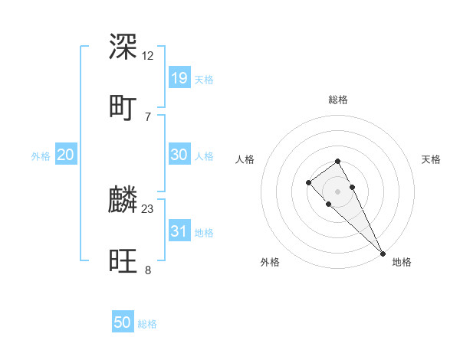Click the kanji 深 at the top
[x=123, y=47]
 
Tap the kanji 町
[x=123, y=106]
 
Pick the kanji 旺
[x=123, y=260]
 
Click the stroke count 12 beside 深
[x=148, y=56]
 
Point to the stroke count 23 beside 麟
[x=148, y=208]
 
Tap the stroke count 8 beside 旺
[x=148, y=269]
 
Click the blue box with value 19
[x=179, y=77]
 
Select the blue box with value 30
[x=179, y=155]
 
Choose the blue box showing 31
[x=179, y=231]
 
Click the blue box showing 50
[x=123, y=322]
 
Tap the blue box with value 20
[x=65, y=155]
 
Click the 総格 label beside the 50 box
[x=147, y=324]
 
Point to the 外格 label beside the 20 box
[x=41, y=156]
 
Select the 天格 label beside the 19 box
[x=203, y=80]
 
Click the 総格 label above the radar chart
[x=338, y=100]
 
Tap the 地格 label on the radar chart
[x=402, y=262]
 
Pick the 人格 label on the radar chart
[x=245, y=159]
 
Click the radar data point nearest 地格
[x=383, y=254]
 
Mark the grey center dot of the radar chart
[x=337, y=191]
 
